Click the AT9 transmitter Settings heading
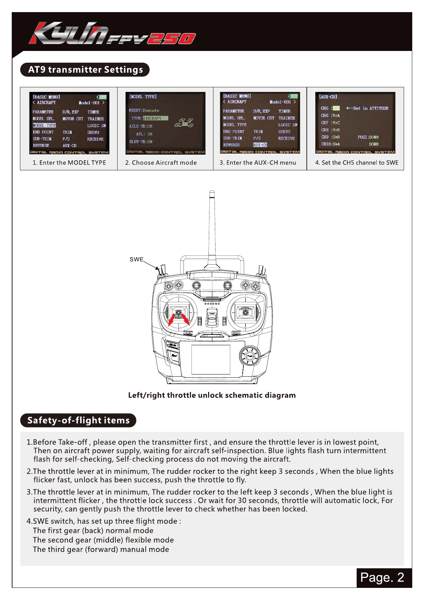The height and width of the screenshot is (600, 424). point(85,69)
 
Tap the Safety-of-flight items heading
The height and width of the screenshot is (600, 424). point(78,420)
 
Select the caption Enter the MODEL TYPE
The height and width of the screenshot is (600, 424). point(69,163)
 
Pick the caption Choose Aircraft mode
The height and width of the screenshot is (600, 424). point(161,163)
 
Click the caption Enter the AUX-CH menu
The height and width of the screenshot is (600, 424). point(258,163)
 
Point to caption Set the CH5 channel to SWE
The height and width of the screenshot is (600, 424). point(357,163)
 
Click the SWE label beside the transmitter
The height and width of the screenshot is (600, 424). point(136,259)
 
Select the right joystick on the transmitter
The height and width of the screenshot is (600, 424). point(245,312)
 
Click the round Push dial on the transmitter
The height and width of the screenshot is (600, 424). point(250,356)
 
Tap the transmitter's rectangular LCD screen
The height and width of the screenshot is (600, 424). point(211,359)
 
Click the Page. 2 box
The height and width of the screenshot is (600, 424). point(382,577)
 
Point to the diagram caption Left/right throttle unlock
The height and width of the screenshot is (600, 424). point(212,395)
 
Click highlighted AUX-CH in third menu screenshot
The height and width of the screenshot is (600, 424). point(260,145)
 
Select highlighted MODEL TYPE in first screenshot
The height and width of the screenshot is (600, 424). point(45,125)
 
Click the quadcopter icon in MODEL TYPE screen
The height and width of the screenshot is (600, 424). point(184,123)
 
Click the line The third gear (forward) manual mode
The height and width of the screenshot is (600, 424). point(101,549)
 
